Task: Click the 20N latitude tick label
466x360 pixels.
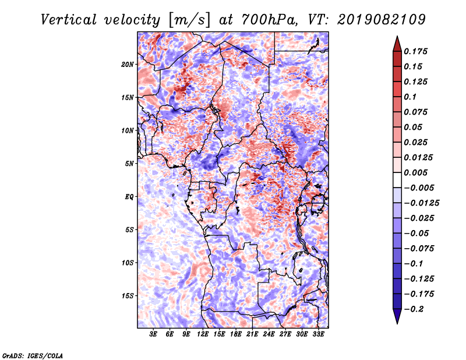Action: pos(128,65)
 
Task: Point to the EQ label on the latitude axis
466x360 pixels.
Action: pos(129,197)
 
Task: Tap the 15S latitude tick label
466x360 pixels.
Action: pos(128,296)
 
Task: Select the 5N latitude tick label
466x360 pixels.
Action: pos(129,164)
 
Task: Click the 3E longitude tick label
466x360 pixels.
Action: pos(153,334)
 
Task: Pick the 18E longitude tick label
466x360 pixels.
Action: pos(236,334)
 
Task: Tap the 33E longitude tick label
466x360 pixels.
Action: pos(318,334)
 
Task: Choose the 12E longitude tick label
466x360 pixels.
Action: pos(203,334)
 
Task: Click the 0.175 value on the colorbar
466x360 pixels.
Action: pos(415,51)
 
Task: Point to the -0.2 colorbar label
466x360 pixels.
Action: pos(414,309)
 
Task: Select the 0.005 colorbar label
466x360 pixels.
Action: pos(415,172)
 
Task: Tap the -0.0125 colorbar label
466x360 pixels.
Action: pos(421,203)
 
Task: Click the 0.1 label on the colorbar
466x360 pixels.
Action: pos(410,97)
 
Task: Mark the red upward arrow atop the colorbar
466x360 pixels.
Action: pos(397,44)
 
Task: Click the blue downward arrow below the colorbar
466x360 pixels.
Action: pos(397,316)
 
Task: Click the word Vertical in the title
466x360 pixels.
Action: pos(69,20)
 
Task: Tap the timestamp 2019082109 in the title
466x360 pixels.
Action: pos(382,20)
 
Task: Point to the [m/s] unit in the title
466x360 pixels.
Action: pos(190,20)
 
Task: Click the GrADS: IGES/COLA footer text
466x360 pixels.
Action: pos(33,356)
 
